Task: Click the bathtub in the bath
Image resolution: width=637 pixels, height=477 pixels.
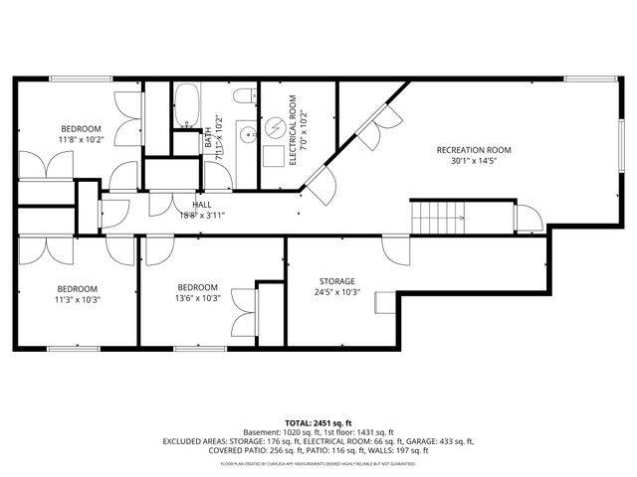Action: tap(185, 106)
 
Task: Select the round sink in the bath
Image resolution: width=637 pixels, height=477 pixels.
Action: tap(242, 134)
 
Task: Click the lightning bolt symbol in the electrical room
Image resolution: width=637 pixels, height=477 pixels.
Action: tap(274, 129)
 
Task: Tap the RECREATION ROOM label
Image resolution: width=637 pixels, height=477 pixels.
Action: tap(474, 151)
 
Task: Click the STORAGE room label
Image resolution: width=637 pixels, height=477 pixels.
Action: tap(336, 281)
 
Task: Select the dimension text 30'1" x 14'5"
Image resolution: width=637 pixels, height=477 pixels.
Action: tap(474, 162)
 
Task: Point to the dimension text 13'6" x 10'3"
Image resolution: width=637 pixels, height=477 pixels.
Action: tap(197, 298)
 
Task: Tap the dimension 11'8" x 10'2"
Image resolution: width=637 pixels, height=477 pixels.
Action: tap(81, 140)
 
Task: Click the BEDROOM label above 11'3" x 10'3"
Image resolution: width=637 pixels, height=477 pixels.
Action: tap(76, 287)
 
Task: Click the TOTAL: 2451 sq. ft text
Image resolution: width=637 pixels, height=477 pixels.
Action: tap(318, 424)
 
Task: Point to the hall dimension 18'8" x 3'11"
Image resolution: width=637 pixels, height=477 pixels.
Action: tap(202, 215)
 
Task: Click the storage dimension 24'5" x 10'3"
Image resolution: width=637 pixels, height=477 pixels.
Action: tap(336, 293)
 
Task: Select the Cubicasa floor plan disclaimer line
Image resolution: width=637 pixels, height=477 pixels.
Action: tap(318, 463)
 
